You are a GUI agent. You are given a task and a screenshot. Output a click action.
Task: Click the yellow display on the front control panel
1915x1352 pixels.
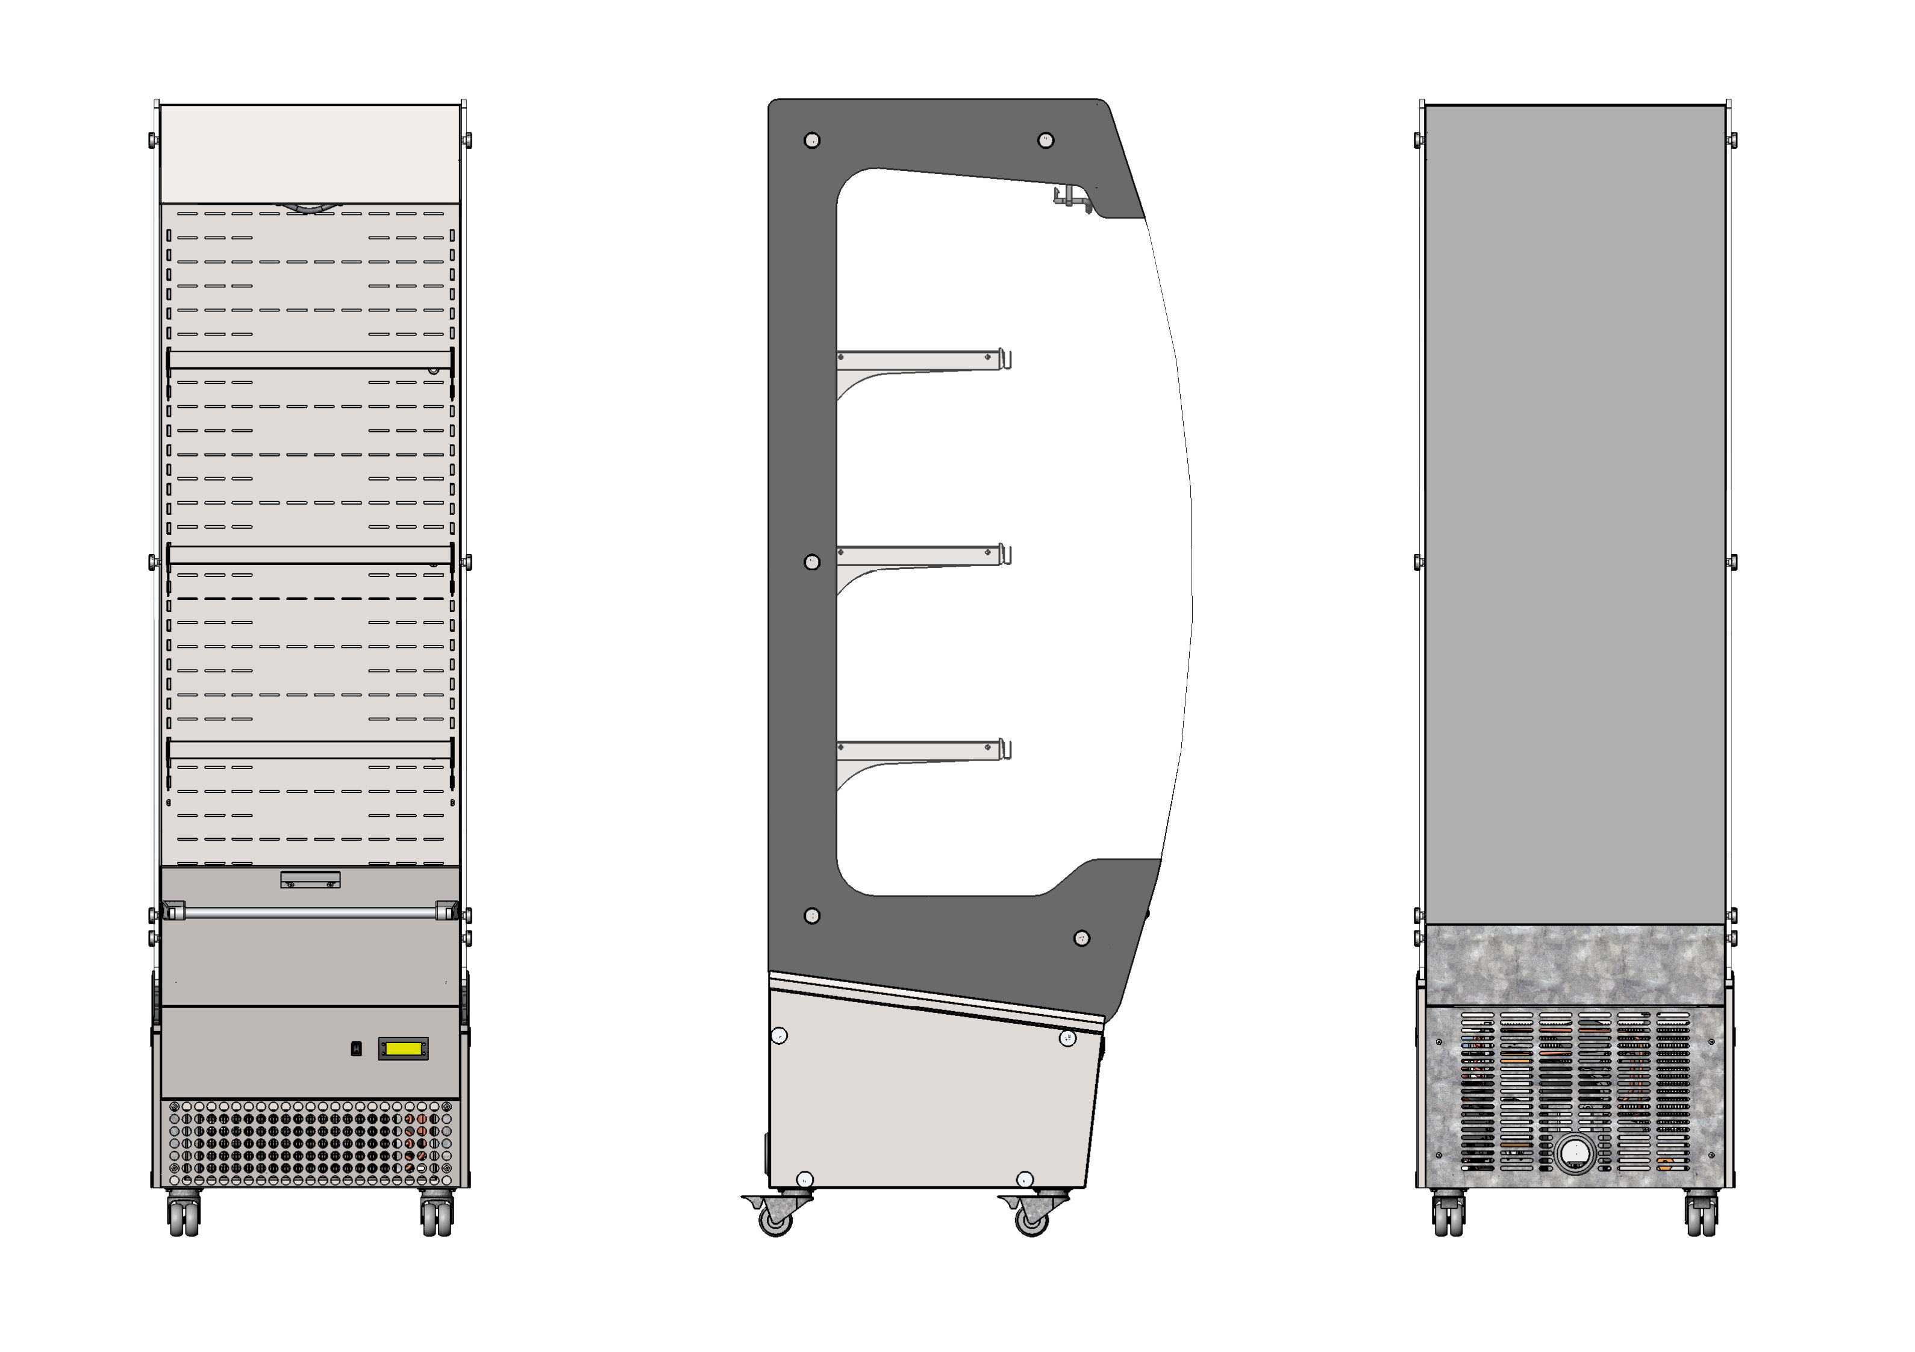(x=404, y=1048)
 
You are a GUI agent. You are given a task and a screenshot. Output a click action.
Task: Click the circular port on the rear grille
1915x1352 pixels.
(x=1575, y=1153)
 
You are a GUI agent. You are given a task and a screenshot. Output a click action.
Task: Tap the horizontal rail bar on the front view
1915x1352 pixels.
(x=310, y=914)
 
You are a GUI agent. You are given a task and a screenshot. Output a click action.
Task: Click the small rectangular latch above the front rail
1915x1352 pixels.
(x=310, y=879)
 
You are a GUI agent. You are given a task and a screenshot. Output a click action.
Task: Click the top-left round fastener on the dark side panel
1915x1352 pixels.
(x=811, y=140)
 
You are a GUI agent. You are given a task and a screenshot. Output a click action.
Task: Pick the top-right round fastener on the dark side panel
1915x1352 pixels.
(x=1045, y=140)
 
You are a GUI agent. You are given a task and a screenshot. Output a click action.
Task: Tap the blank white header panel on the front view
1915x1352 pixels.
(x=310, y=154)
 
